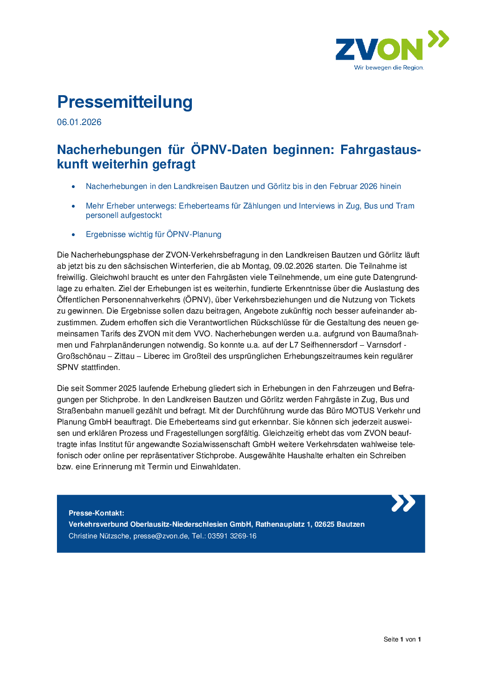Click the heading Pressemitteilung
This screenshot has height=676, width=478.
tap(125, 102)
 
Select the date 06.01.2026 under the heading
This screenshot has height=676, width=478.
tap(79, 122)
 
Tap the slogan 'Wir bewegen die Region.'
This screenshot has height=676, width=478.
tap(389, 68)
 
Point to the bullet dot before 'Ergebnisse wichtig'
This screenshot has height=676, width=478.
tap(73, 235)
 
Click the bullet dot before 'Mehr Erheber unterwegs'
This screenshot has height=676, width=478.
tap(73, 206)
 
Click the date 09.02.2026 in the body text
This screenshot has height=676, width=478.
tap(293, 266)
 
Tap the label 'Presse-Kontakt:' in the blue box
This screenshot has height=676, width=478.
tap(96, 513)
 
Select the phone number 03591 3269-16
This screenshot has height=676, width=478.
tap(232, 536)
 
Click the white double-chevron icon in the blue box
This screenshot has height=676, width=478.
tap(403, 503)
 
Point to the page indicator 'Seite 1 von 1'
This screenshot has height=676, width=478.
tap(402, 640)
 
